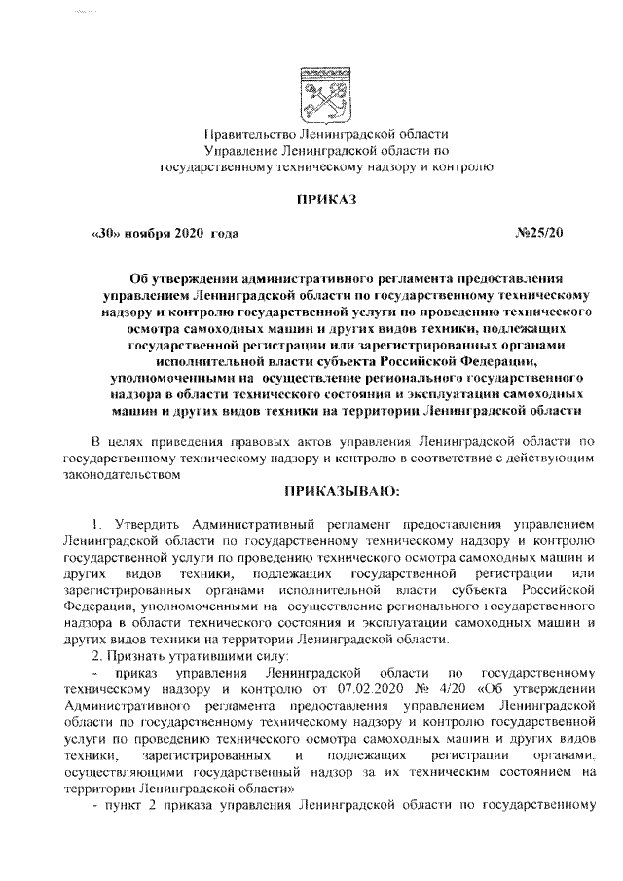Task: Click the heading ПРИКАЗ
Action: coord(327,201)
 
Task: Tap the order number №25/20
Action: coord(537,235)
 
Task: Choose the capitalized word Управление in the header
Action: coord(239,150)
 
